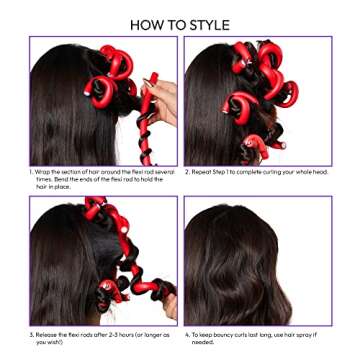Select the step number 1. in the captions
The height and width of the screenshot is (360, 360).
pos(31,171)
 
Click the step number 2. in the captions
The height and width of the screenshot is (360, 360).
pos(187,171)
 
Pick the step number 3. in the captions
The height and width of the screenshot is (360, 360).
pos(31,333)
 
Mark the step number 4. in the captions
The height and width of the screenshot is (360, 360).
pos(187,333)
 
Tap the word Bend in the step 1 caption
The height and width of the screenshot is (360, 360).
pos(59,177)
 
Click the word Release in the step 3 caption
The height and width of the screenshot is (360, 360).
pos(46,333)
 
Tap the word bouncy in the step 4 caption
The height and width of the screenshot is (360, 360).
pos(225,333)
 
